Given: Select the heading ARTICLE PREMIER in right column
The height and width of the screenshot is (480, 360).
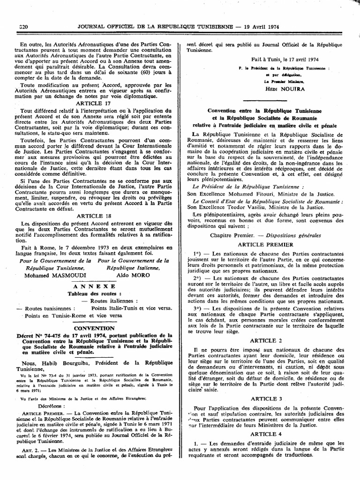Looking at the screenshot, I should [265, 245].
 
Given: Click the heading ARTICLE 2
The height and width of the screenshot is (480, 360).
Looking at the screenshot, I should [266, 340].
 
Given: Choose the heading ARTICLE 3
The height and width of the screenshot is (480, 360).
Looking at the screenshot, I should [266, 398].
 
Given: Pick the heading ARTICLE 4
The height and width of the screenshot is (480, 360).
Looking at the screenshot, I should [266, 434].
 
